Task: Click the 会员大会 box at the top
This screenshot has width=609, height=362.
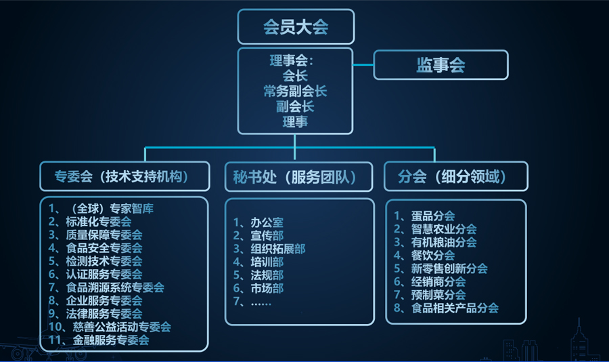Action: [295, 26]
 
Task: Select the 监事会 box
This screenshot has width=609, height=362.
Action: [441, 65]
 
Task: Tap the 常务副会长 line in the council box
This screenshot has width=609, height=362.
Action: [295, 91]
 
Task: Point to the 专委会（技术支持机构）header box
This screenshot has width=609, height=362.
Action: [122, 177]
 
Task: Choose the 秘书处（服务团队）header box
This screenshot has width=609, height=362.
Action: [298, 178]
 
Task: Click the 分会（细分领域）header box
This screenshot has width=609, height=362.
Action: [454, 177]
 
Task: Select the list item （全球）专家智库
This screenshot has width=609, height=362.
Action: [108, 208]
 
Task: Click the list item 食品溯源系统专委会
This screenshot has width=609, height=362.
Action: [114, 287]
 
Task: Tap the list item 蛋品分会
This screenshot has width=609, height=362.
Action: [432, 216]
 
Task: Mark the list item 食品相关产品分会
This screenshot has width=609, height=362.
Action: [454, 308]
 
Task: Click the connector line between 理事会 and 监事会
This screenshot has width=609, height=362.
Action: [363, 65]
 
